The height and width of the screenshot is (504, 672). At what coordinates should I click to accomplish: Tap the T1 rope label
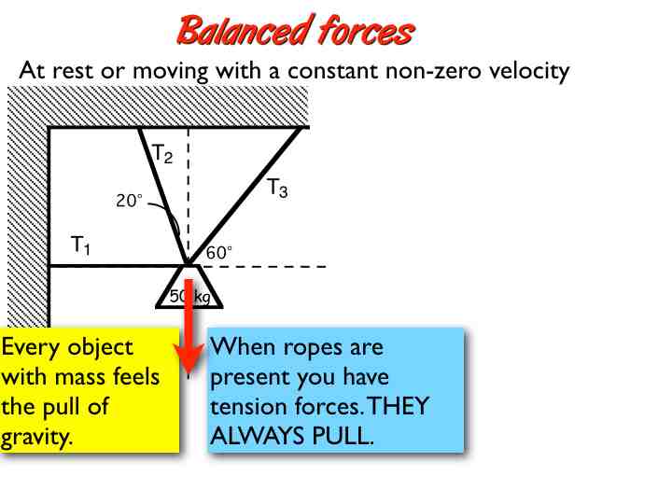click(81, 245)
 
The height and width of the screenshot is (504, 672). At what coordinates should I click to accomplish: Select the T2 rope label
click(162, 153)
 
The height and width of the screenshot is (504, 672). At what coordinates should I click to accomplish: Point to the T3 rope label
click(277, 189)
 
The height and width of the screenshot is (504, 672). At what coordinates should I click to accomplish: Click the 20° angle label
click(129, 200)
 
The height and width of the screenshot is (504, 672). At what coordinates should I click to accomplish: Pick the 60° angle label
click(219, 251)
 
